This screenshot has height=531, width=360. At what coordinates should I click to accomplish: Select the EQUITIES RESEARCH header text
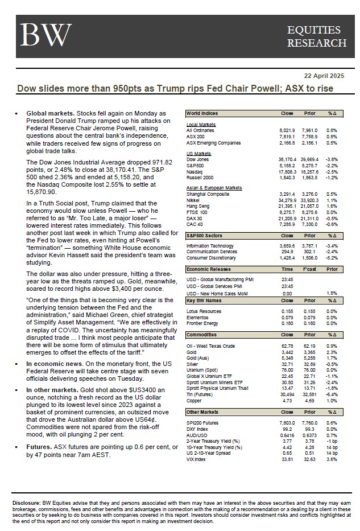tap(316, 36)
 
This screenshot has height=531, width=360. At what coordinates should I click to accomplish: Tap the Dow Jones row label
tap(198, 159)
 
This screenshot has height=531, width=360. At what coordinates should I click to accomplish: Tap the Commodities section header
tap(202, 335)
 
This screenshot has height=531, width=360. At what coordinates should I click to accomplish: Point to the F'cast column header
tap(309, 269)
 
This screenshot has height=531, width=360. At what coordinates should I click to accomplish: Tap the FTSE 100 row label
tap(197, 211)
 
